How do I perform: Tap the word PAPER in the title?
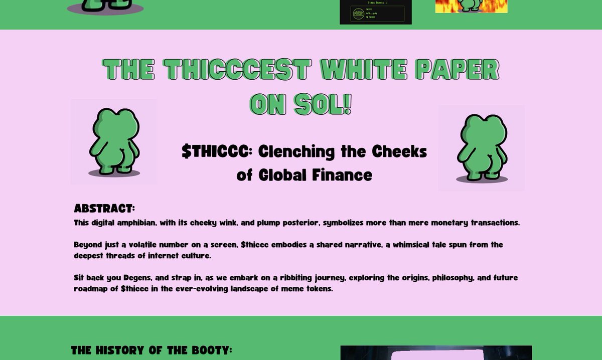(x=458, y=69)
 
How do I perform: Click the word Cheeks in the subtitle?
(x=399, y=151)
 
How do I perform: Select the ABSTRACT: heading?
(x=104, y=208)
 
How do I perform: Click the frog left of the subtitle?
(x=113, y=141)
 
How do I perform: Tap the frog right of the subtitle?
(x=481, y=148)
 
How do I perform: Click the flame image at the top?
(x=471, y=6)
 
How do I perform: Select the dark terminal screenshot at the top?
(x=375, y=12)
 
